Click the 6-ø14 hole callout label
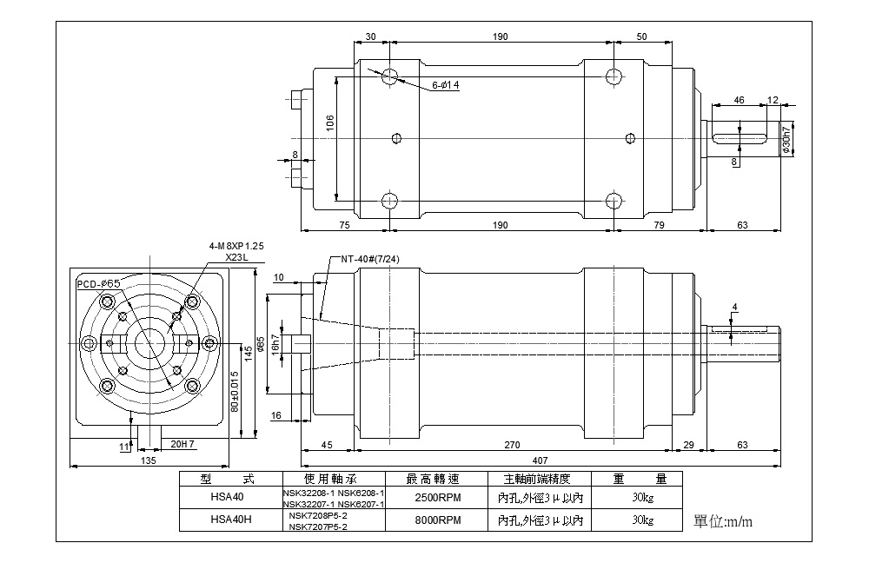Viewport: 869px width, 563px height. (446, 85)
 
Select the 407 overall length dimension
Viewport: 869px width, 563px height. (540, 460)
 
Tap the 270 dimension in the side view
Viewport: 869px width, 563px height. (512, 445)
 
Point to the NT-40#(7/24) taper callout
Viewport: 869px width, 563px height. (369, 259)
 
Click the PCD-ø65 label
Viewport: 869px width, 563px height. (99, 284)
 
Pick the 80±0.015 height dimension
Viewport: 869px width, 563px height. (235, 391)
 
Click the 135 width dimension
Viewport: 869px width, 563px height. (149, 460)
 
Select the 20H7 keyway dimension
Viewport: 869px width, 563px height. (182, 444)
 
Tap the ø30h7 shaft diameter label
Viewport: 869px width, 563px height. (786, 139)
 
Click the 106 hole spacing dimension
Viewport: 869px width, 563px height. (329, 123)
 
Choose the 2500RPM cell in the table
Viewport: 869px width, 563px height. (438, 498)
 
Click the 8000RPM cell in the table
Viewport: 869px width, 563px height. (438, 520)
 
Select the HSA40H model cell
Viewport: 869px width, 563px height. (231, 520)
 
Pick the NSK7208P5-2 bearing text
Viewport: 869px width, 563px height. (318, 515)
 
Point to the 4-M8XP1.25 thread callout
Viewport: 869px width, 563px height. (236, 246)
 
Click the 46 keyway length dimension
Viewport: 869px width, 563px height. (739, 100)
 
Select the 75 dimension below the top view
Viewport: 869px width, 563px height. (344, 225)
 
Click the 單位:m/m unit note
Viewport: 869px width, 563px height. (723, 521)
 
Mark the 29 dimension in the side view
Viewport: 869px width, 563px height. (688, 445)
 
